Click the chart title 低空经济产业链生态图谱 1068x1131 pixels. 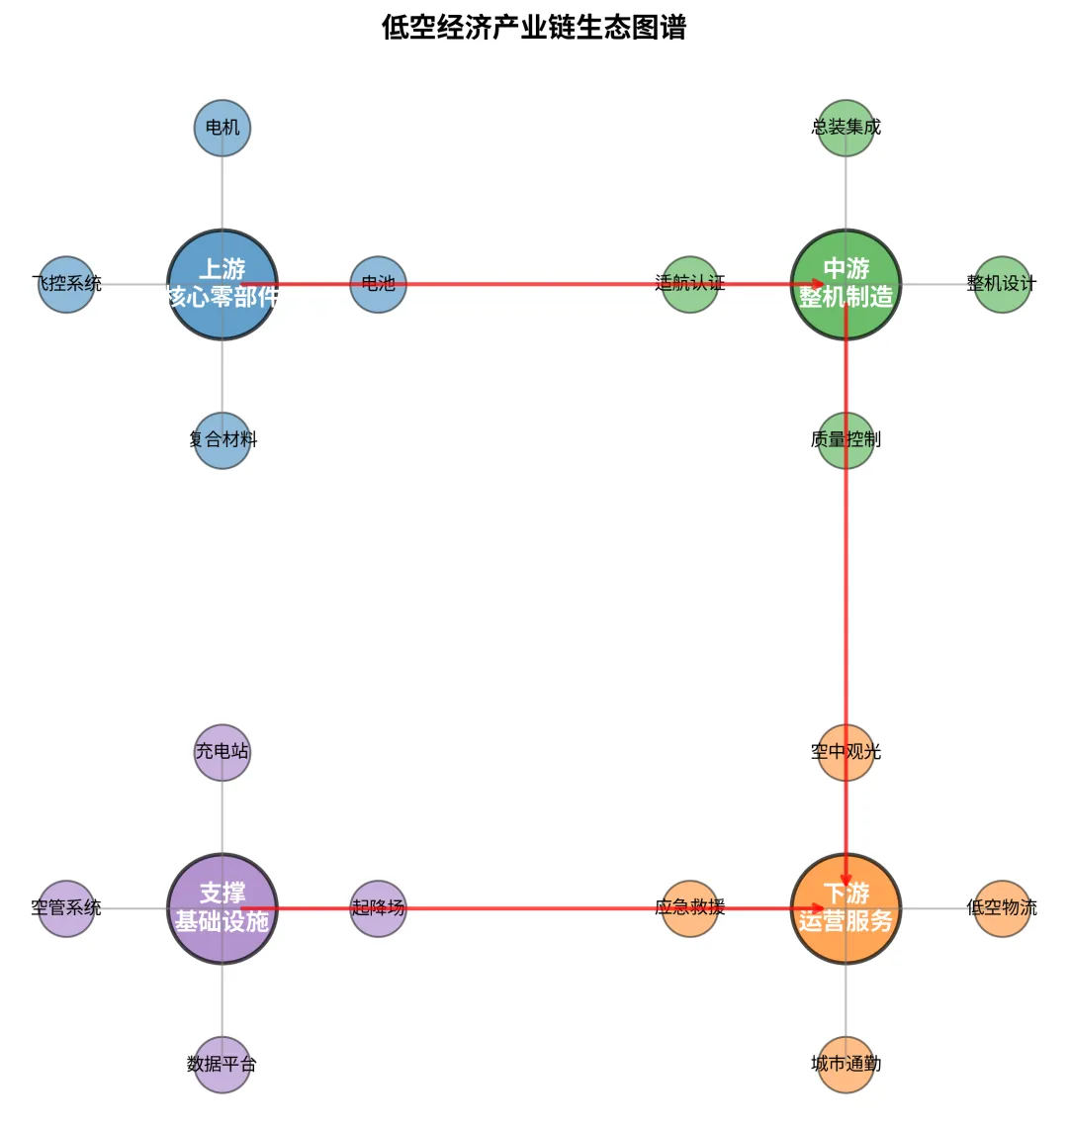tap(534, 28)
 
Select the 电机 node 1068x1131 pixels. tap(222, 128)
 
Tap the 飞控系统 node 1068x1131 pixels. tap(66, 284)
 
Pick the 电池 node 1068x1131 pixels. tap(378, 284)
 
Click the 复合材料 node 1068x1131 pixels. tap(222, 440)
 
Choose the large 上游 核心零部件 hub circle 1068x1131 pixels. tap(222, 284)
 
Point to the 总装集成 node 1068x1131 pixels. tap(846, 128)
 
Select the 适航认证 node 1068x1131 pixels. tap(690, 284)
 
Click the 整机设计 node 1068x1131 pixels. tap(1002, 284)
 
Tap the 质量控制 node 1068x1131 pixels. tap(846, 440)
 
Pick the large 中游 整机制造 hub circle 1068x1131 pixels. tap(846, 284)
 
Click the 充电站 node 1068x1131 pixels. tap(222, 752)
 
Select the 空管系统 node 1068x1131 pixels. tap(66, 908)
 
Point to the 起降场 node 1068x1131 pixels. tap(378, 908)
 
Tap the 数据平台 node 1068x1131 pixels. tap(222, 1065)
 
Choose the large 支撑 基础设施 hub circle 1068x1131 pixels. tap(222, 908)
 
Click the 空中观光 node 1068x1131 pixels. tap(846, 752)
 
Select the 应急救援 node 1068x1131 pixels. tap(690, 908)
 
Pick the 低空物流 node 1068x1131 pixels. tap(1002, 908)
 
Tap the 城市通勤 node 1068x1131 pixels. tap(846, 1065)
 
